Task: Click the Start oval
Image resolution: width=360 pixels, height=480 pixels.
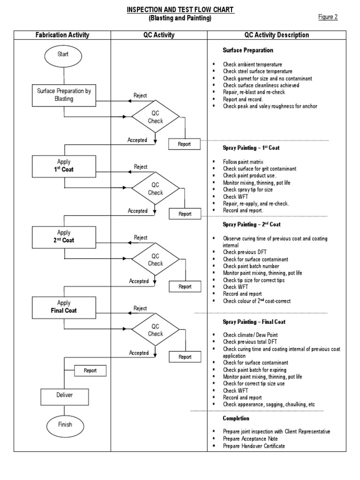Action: (x=63, y=54)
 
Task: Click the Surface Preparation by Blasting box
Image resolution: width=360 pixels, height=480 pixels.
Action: (x=64, y=95)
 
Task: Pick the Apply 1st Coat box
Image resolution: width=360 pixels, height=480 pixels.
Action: (x=64, y=165)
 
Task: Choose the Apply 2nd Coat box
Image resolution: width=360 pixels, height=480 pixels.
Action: (x=64, y=237)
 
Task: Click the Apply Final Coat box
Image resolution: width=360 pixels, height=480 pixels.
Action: (x=64, y=307)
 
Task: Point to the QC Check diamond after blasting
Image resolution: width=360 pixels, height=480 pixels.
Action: (x=155, y=117)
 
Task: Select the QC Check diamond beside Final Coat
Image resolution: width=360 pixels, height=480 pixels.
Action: (x=155, y=330)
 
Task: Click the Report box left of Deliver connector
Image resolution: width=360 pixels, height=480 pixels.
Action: (x=90, y=371)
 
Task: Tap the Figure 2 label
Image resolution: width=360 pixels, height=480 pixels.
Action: (x=328, y=17)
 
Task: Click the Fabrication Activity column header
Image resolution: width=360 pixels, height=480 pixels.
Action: (x=62, y=35)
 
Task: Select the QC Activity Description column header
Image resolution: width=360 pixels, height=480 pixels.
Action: (x=277, y=35)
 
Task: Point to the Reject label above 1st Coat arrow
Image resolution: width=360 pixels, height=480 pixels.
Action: (x=140, y=166)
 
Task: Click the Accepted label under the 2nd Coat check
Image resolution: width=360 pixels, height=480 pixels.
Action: (x=139, y=281)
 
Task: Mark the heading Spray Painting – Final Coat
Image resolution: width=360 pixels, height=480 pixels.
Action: (x=254, y=322)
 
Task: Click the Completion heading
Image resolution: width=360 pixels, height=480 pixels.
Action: (x=236, y=418)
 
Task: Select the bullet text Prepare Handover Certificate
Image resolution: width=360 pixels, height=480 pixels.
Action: (x=254, y=446)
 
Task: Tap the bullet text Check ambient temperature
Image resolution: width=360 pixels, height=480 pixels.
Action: (x=252, y=64)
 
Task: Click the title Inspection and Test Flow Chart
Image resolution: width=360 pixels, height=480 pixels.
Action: (x=180, y=10)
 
